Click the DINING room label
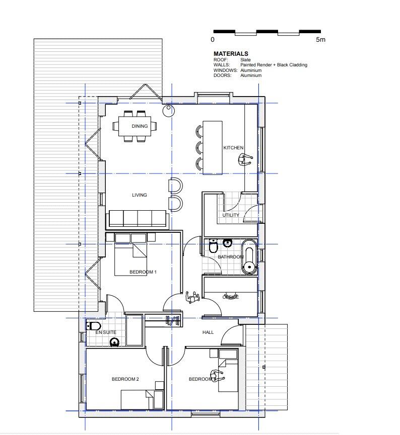pos(140,126)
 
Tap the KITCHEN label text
pos(233,148)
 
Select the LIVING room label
pos(140,195)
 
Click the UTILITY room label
pos(231,215)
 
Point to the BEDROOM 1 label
pos(143,272)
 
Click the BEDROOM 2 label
pos(125,379)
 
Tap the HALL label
pos(208,332)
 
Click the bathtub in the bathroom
pos(249,257)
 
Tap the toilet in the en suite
pos(94,326)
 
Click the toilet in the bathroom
pos(213,247)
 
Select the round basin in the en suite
pos(114,342)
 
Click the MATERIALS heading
pos(231,54)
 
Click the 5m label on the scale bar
pos(321,39)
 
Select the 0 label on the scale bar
pos(213,39)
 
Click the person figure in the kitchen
pos(245,160)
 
